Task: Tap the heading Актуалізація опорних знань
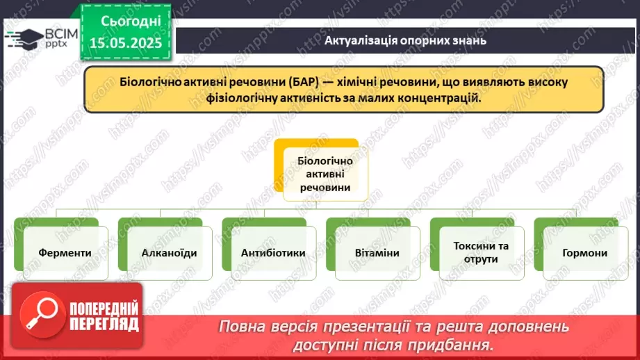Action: [x=405, y=40]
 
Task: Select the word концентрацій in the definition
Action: [x=436, y=98]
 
